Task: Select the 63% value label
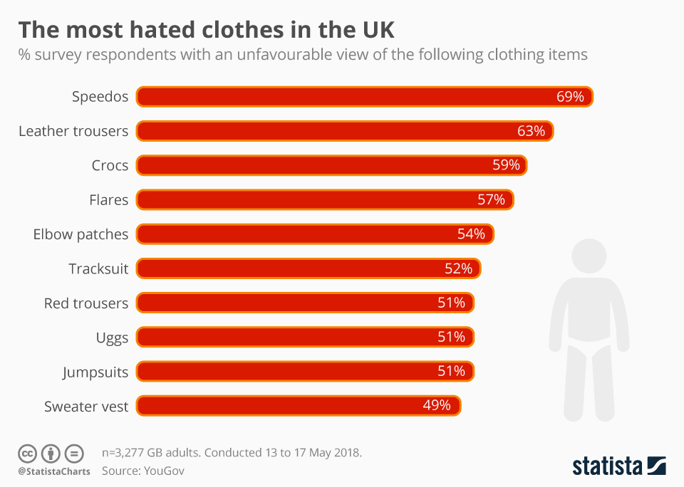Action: click(x=531, y=131)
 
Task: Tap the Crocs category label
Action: click(x=110, y=165)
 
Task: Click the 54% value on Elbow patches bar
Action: click(x=471, y=234)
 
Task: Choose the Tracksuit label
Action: click(x=98, y=268)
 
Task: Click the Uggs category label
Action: click(x=112, y=337)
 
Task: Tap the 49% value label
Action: click(x=437, y=405)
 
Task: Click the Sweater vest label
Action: click(x=86, y=406)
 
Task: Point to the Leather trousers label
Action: click(x=73, y=131)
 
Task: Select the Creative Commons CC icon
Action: click(x=27, y=453)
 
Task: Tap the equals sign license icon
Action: click(x=74, y=453)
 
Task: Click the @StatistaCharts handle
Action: click(x=54, y=471)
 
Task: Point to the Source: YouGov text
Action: click(x=143, y=471)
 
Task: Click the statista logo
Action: click(x=618, y=466)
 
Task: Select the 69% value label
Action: click(x=570, y=97)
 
